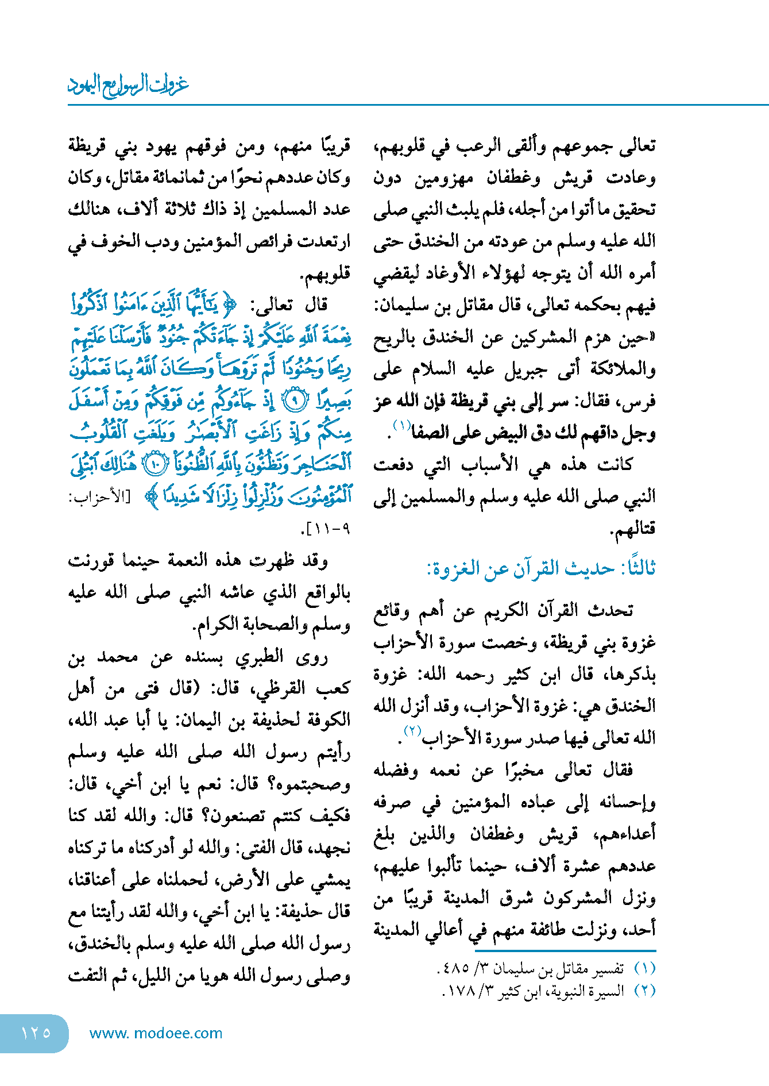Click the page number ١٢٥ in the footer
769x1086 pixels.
pos(36,1033)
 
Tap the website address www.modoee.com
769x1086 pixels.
pos(156,1033)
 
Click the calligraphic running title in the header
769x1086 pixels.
pos(128,85)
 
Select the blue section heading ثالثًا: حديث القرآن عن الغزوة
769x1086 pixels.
pos(540,568)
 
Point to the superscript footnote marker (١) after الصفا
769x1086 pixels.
pos(401,425)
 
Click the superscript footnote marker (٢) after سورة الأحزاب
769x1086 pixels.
pos(412,731)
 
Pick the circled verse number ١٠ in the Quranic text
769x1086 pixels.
pos(154,464)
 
